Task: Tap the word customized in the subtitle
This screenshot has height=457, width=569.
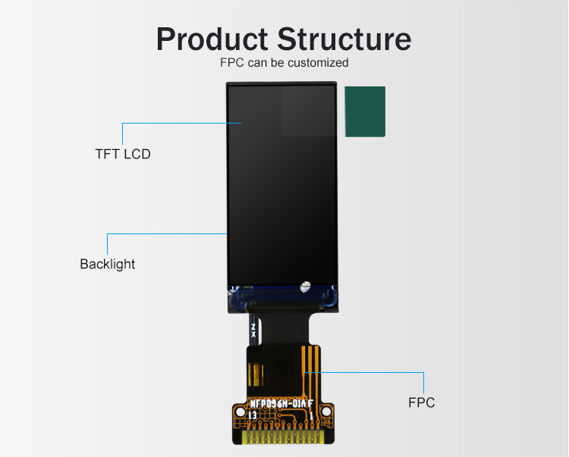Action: point(317,62)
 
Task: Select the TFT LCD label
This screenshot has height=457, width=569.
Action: point(123,154)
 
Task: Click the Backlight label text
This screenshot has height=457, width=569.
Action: point(107,264)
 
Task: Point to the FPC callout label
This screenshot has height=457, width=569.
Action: point(422,402)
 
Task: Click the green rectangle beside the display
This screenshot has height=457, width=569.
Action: point(365,111)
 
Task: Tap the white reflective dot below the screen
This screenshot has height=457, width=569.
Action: point(305,286)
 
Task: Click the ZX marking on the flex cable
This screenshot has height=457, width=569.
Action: point(253,330)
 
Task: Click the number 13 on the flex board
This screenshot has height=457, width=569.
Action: point(253,415)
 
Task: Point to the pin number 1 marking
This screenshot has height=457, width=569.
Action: point(311,415)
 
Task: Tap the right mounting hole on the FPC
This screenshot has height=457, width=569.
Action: point(326,412)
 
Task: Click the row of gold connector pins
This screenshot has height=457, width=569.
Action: point(283,437)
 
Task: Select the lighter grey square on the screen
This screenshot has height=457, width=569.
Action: point(308,111)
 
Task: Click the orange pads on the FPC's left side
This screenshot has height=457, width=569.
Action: point(256,374)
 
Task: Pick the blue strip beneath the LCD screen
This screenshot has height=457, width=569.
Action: point(281,297)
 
